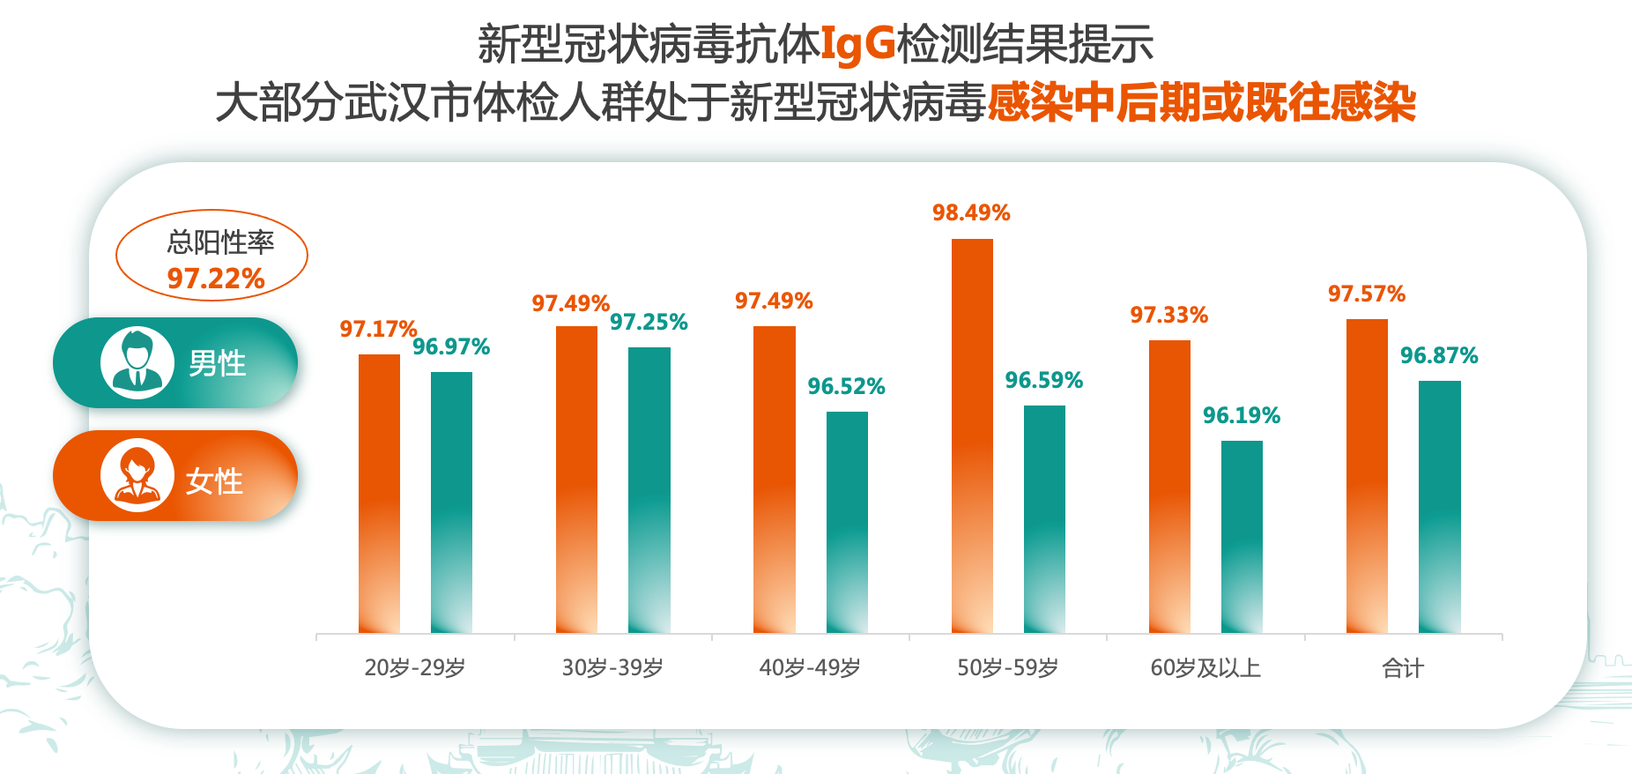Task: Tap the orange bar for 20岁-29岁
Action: [379, 493]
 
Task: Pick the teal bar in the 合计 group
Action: [1439, 506]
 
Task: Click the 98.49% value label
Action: [971, 212]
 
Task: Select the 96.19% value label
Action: [1241, 415]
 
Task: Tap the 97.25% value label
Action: [649, 322]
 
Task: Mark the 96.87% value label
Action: [1439, 355]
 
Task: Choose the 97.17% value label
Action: [378, 329]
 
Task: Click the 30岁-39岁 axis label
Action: [612, 667]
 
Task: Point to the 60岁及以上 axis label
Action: [1205, 667]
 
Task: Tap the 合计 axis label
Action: [1403, 667]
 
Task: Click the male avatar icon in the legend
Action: [137, 362]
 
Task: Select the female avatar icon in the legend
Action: [137, 475]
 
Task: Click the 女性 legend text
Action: [214, 480]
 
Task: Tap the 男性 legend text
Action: [217, 363]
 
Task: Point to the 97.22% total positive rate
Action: [216, 279]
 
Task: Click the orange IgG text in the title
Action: [857, 43]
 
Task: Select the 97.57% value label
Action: [1367, 294]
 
